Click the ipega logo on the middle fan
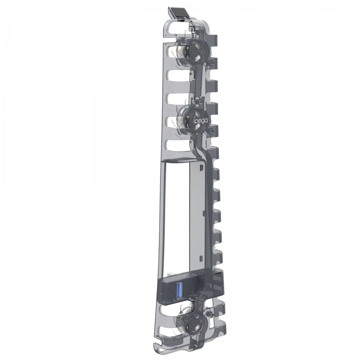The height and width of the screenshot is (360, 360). [x=199, y=120]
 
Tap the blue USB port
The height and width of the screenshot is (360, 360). [x=180, y=291]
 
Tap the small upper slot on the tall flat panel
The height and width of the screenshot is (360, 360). [x=201, y=168]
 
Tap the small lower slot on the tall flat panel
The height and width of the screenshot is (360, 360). [x=201, y=258]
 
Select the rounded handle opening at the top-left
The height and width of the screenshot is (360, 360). [x=176, y=28]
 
